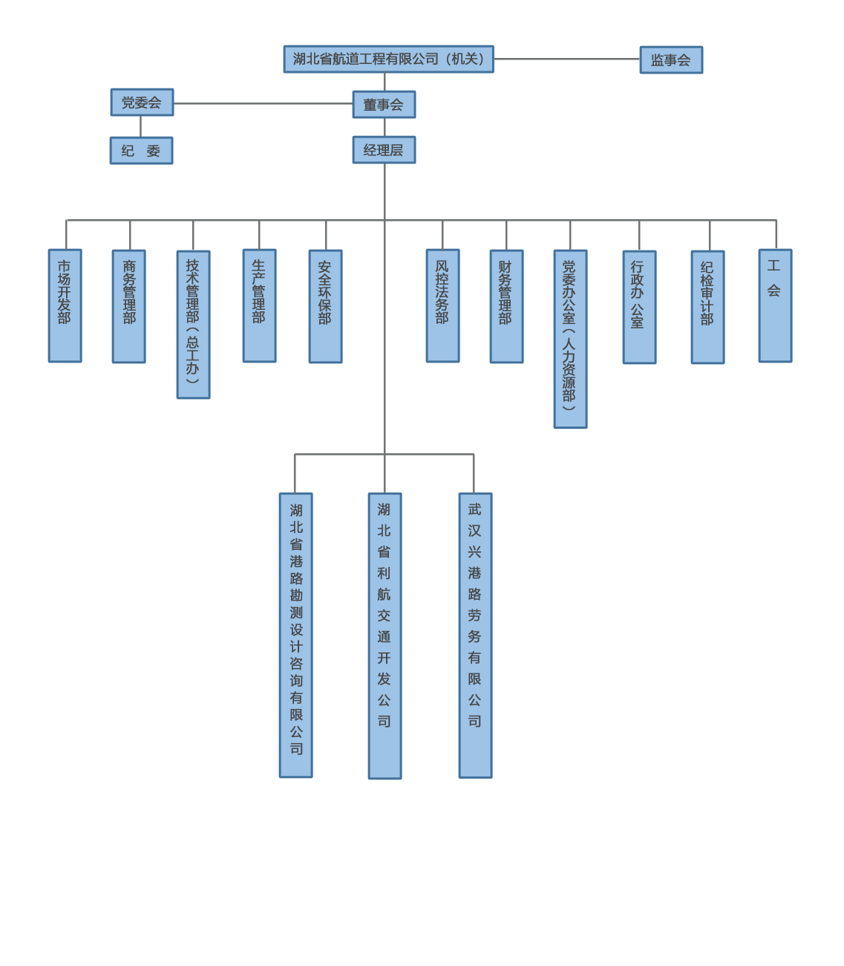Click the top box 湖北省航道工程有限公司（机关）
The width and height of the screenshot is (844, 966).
click(x=388, y=59)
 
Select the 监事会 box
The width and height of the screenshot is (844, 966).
click(x=671, y=60)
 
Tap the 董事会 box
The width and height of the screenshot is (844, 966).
click(x=384, y=105)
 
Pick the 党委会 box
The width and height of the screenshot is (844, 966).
click(x=142, y=103)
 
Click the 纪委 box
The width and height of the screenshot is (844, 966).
click(x=141, y=151)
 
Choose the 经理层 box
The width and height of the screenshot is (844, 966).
click(x=384, y=150)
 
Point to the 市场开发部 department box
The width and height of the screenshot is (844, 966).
click(x=65, y=305)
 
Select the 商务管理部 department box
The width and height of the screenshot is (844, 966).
click(x=129, y=306)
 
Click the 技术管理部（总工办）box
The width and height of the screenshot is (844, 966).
click(x=193, y=324)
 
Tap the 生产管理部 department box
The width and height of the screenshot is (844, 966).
click(x=259, y=305)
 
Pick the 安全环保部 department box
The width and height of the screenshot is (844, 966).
click(x=325, y=306)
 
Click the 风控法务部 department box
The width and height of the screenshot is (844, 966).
click(x=442, y=305)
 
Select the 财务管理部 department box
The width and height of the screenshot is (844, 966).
click(x=506, y=306)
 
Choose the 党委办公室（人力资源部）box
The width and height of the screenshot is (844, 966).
click(x=570, y=339)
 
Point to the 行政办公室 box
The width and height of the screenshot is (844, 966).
click(x=639, y=307)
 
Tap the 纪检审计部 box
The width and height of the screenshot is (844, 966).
click(x=707, y=307)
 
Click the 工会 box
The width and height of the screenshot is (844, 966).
click(x=775, y=305)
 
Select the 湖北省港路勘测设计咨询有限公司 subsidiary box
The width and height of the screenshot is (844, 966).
click(x=295, y=635)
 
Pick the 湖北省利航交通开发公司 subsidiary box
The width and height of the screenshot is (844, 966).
click(x=385, y=636)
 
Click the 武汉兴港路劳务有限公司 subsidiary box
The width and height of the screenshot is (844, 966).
click(x=475, y=635)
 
